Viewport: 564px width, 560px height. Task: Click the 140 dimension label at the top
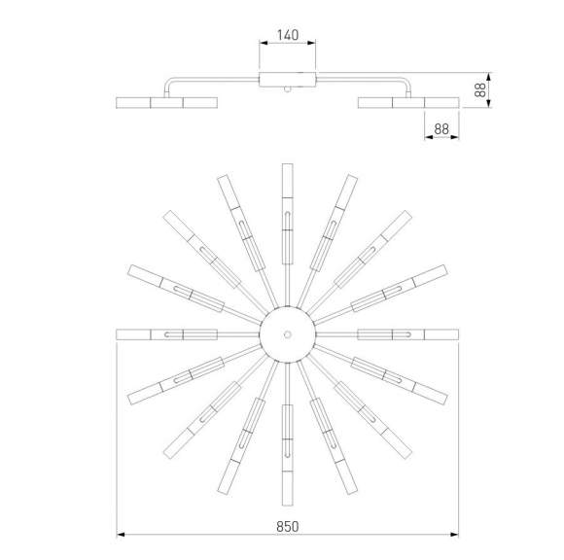coord(288,35)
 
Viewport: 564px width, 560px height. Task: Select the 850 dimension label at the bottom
coord(288,527)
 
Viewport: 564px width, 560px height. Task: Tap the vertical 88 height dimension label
coord(480,89)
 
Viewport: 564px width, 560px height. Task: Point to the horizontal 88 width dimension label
coord(441,129)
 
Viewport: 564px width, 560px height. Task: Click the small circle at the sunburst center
coord(288,334)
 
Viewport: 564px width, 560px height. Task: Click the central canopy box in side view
coord(288,80)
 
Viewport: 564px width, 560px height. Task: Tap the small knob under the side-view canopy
coord(287,89)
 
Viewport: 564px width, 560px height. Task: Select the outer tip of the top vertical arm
coord(288,164)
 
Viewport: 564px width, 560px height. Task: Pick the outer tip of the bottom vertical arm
coord(288,506)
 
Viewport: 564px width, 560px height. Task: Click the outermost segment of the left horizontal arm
coord(133,334)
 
